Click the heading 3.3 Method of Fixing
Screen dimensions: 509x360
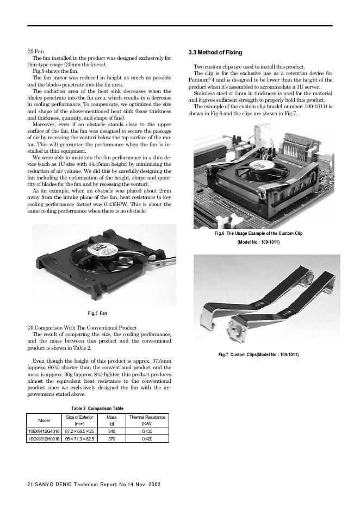[215, 53]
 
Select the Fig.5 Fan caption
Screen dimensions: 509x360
[97, 313]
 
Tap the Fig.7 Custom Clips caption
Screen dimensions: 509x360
[258, 355]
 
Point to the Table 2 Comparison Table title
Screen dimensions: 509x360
[97, 408]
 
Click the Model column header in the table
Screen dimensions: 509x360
[42, 420]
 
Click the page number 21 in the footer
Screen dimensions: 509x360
[30, 483]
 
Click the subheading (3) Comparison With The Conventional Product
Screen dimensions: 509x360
[82, 327]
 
